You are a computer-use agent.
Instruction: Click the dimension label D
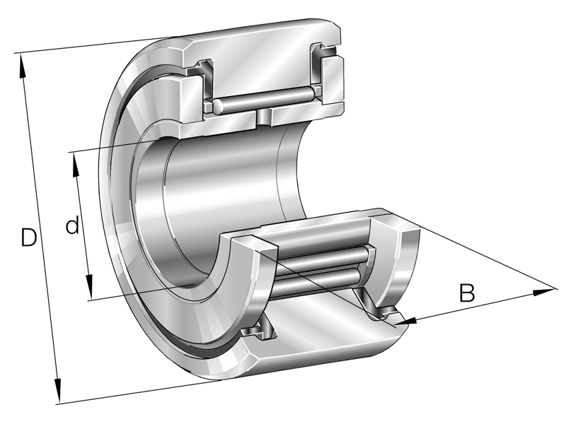pyautogui.click(x=28, y=237)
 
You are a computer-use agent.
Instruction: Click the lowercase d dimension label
pyautogui.click(x=71, y=226)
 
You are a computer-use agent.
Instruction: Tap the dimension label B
pyautogui.click(x=466, y=293)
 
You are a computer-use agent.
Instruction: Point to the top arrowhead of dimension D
pyautogui.click(x=24, y=63)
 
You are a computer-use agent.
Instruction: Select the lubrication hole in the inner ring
pyautogui.click(x=263, y=117)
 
